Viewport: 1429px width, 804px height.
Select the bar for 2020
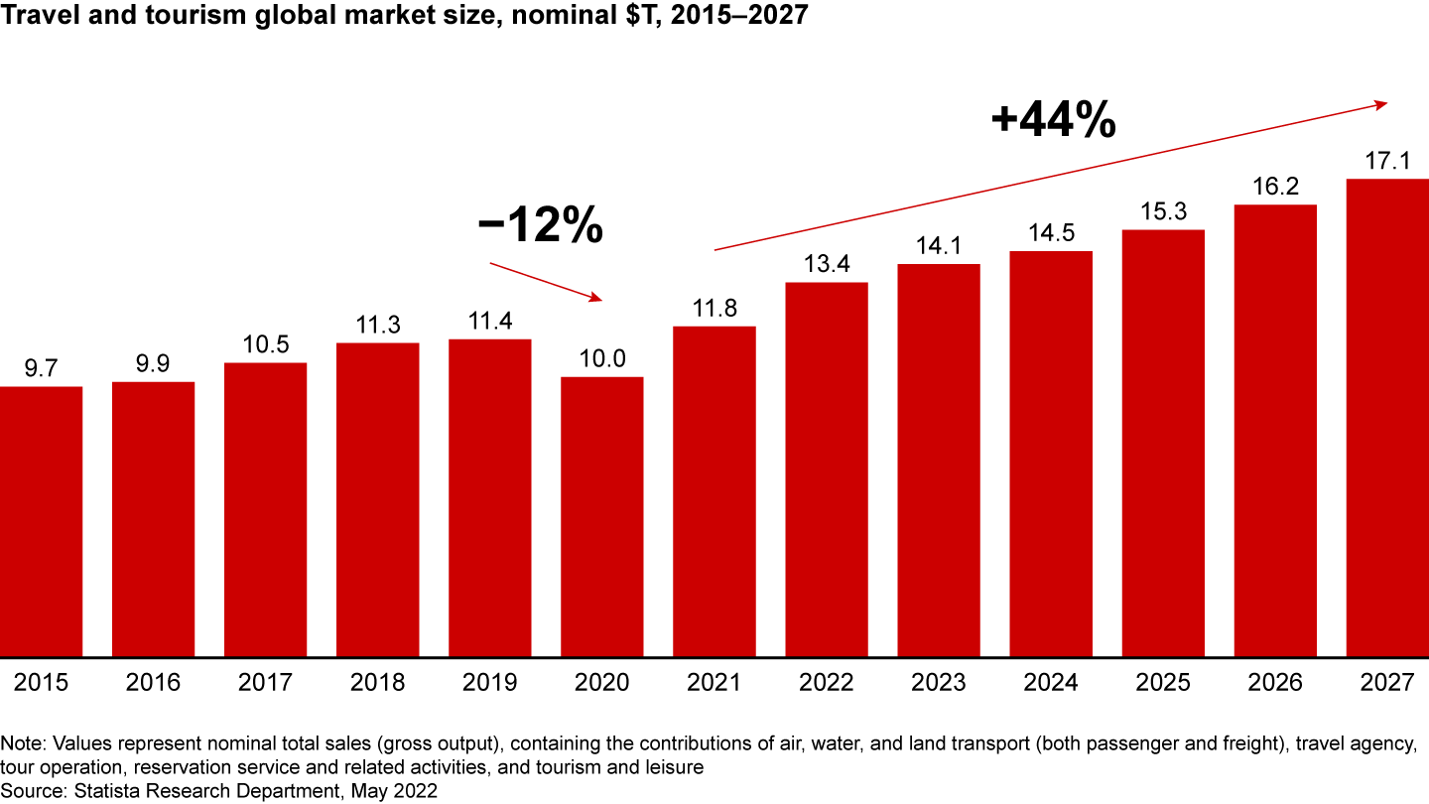(x=602, y=516)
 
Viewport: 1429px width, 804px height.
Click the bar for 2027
(x=1386, y=417)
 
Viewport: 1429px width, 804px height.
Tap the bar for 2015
(x=41, y=521)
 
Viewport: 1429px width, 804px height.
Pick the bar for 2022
(x=827, y=469)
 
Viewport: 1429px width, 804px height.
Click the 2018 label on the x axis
(x=378, y=683)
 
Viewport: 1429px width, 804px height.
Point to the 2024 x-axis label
(x=1051, y=683)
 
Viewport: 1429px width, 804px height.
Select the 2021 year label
(x=714, y=683)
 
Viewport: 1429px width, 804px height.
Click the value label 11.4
(x=490, y=322)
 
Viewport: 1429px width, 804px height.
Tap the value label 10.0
(x=602, y=359)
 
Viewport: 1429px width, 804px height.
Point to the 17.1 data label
(x=1386, y=161)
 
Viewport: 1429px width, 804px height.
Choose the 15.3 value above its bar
(x=1163, y=212)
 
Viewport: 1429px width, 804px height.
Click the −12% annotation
(x=540, y=227)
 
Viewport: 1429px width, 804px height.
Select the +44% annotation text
(x=1053, y=121)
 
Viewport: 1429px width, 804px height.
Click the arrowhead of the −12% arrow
(x=596, y=297)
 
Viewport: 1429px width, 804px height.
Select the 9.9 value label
(x=154, y=364)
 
